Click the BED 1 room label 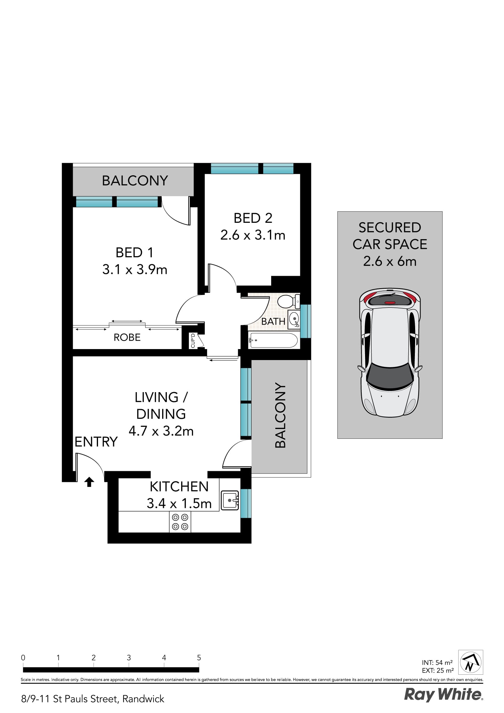coord(135,253)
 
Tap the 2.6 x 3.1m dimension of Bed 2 coord(253,235)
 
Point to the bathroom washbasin coord(294,319)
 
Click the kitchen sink coord(230,500)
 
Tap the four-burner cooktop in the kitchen coord(180,522)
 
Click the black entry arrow coord(89,482)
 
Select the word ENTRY coord(96,441)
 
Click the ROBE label coord(127,337)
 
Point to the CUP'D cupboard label coord(193,340)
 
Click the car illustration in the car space coord(390,352)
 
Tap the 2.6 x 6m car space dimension coord(390,261)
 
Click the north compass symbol coord(470,662)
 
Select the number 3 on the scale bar coord(129,657)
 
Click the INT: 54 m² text coord(437,662)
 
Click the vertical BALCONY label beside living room coord(280,415)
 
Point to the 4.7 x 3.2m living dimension coord(161,431)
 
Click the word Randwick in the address coord(143,699)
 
